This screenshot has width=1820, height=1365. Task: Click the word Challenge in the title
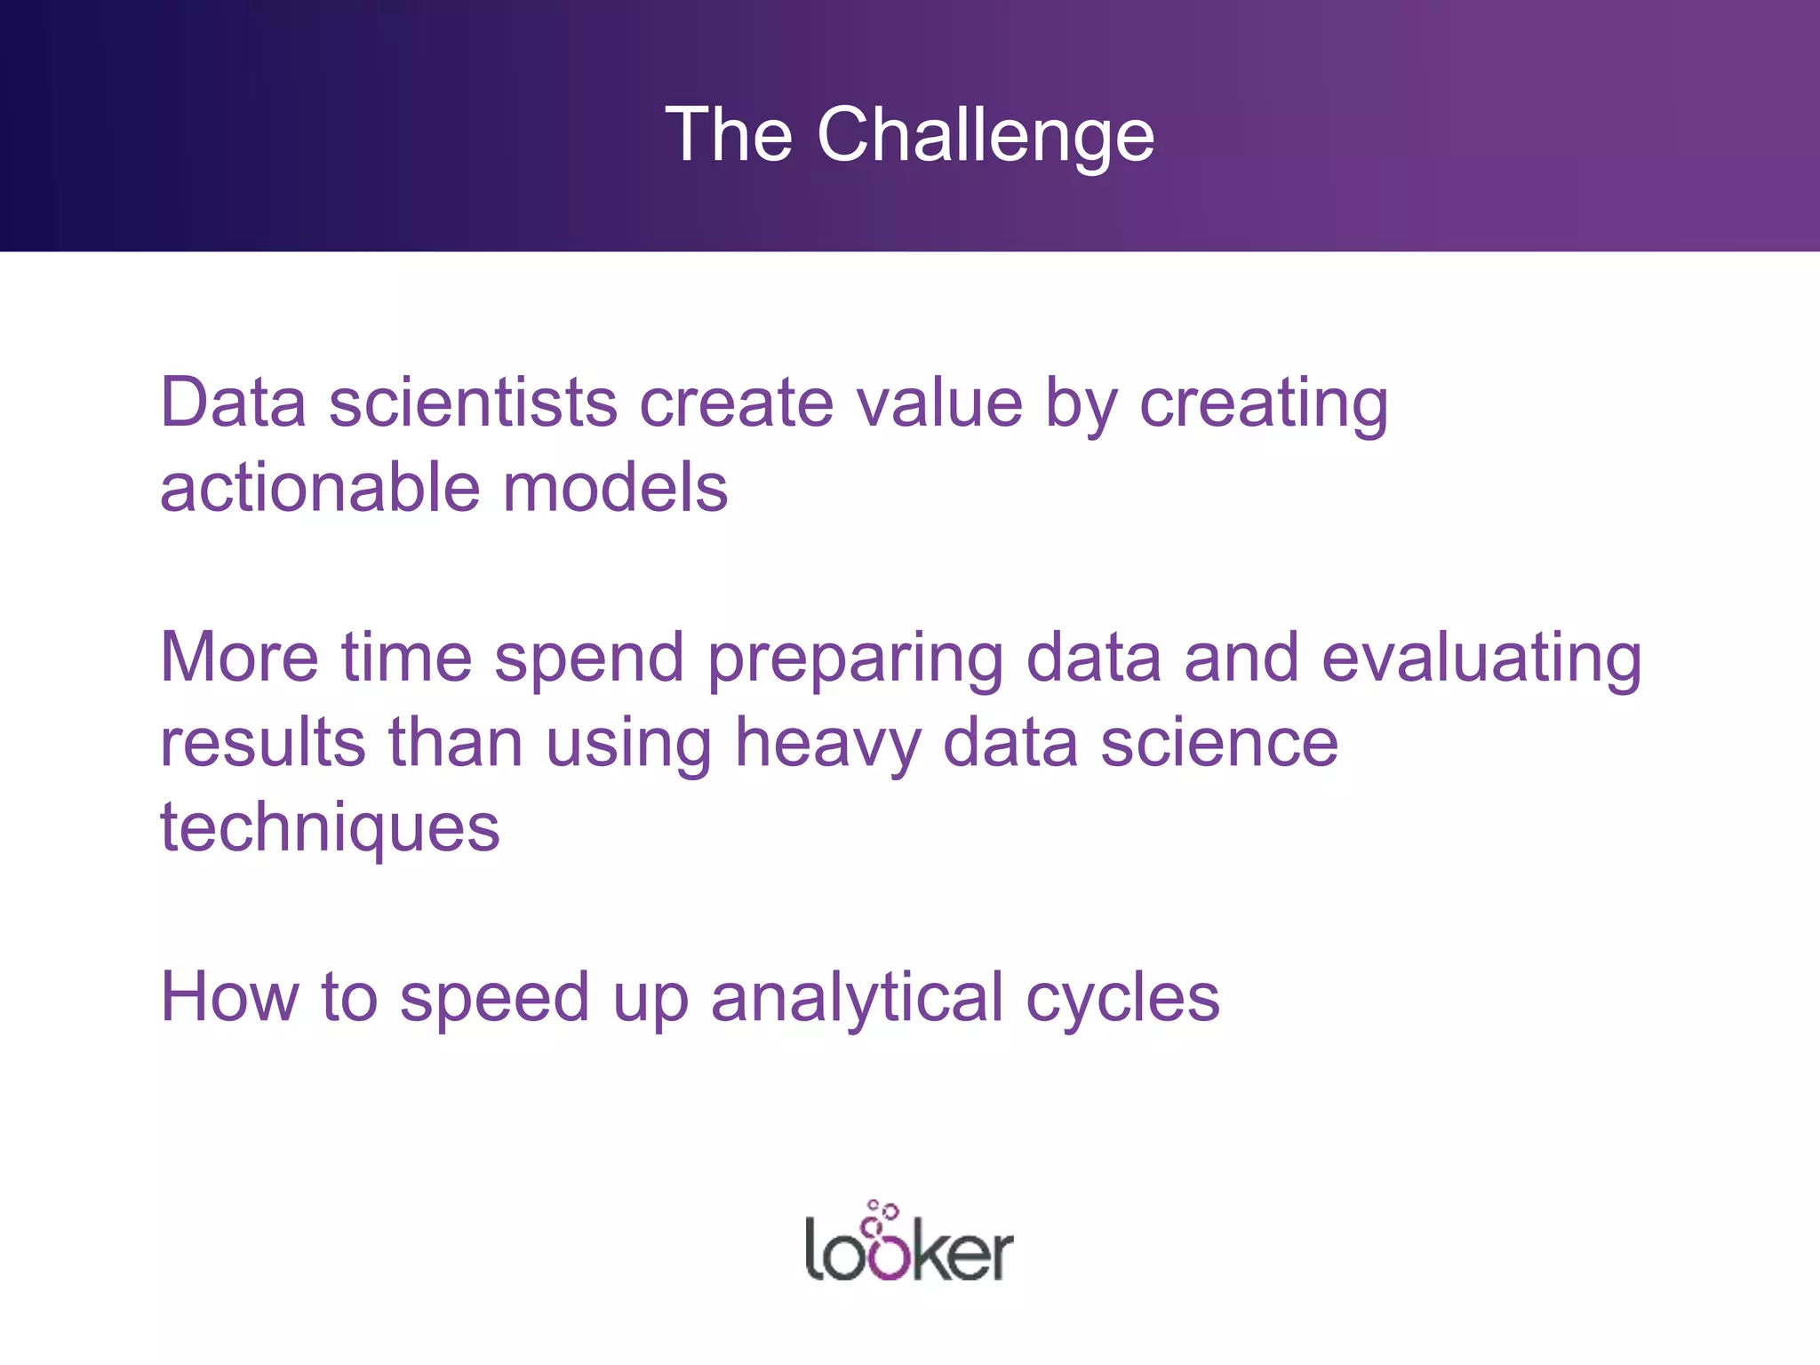click(x=986, y=135)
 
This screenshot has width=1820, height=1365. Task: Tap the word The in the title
click(x=729, y=135)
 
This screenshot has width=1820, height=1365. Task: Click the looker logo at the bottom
click(x=908, y=1243)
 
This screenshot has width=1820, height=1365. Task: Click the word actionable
click(x=320, y=488)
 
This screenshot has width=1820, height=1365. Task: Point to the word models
click(x=615, y=488)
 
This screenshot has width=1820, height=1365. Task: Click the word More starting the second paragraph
click(x=238, y=658)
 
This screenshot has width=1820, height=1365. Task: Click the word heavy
click(x=827, y=745)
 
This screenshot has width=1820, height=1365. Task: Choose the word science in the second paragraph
click(x=1218, y=743)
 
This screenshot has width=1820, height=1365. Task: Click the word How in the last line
click(x=228, y=997)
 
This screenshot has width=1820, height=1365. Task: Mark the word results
click(x=262, y=743)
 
